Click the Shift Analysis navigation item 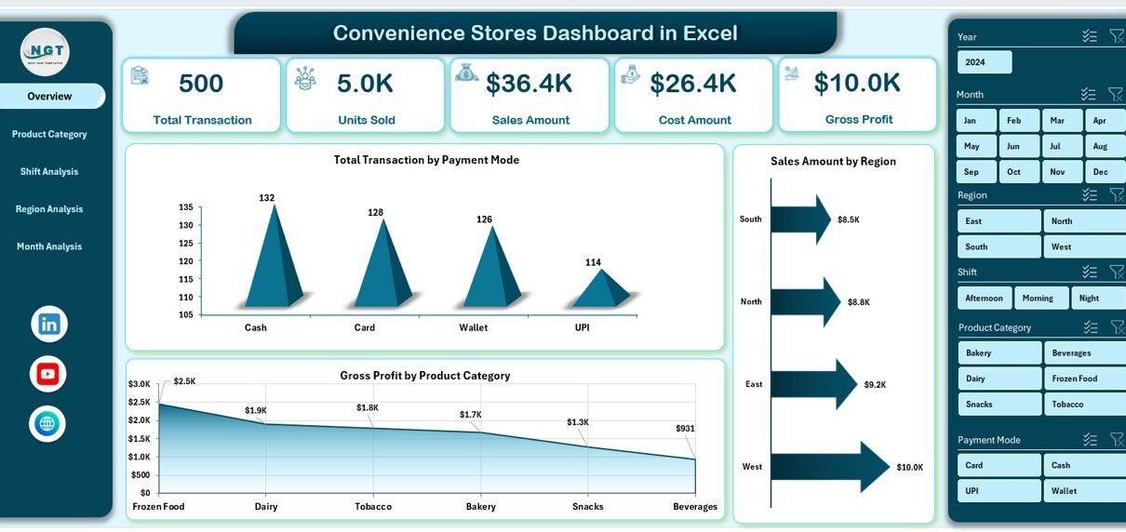[49, 172]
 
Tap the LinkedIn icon [48, 324]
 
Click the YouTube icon [48, 374]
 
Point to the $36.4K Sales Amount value [529, 84]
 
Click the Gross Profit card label [858, 119]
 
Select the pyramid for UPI [601, 290]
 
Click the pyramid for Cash [274, 260]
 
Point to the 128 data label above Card [375, 213]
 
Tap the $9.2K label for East [875, 384]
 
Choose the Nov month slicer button [1058, 172]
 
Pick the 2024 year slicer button [985, 62]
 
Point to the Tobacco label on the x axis [373, 507]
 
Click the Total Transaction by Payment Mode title [426, 160]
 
